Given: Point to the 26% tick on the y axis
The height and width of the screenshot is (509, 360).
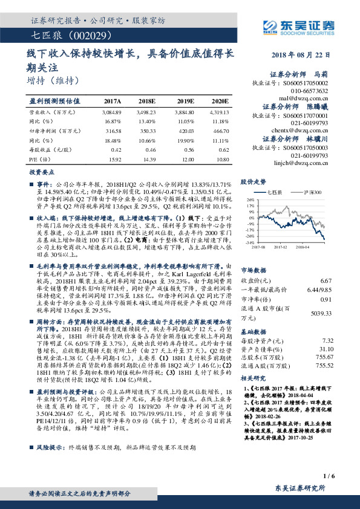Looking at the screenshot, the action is pyautogui.click(x=249, y=199).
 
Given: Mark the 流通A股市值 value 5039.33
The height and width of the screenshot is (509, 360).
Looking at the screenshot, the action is pyautogui.click(x=320, y=313).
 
